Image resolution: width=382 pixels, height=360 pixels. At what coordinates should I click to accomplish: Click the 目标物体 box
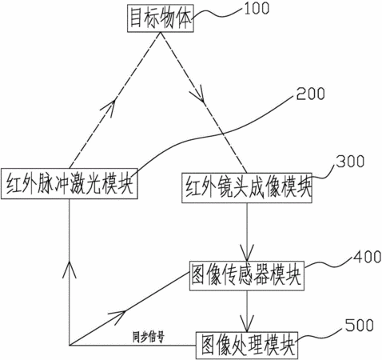click(x=161, y=18)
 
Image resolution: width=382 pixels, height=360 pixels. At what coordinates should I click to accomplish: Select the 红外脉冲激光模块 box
click(x=70, y=183)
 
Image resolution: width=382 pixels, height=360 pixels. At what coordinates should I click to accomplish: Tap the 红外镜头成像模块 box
click(x=247, y=188)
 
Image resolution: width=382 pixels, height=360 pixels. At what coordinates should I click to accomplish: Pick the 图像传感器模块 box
click(x=247, y=276)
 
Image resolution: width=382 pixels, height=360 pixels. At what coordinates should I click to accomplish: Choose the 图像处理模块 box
click(x=247, y=346)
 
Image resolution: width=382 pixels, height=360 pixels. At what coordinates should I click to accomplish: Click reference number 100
click(x=257, y=8)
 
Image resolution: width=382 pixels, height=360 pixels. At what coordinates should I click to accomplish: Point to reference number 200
click(x=311, y=94)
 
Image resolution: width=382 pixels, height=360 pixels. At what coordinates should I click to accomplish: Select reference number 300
click(x=350, y=162)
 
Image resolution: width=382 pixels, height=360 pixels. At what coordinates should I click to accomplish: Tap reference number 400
click(x=367, y=257)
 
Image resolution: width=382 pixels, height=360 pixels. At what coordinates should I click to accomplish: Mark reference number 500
click(x=360, y=326)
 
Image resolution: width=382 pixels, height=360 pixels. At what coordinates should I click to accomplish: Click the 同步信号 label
click(x=149, y=337)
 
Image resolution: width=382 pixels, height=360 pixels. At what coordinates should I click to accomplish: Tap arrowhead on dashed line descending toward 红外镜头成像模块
click(x=198, y=94)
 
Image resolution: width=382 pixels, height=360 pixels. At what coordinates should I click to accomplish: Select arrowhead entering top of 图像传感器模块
click(x=247, y=253)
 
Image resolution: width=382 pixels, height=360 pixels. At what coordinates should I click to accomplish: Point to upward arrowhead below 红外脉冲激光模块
click(x=70, y=270)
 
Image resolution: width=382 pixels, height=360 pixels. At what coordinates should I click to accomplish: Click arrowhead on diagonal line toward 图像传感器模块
click(x=117, y=317)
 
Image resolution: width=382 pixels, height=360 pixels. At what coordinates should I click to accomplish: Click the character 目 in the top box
click(x=136, y=18)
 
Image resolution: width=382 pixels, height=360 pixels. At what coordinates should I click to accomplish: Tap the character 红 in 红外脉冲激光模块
click(x=14, y=184)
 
